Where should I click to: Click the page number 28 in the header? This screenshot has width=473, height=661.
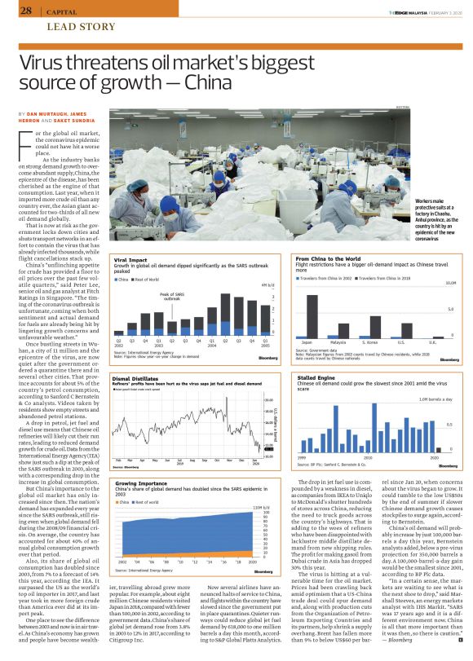tap(25, 11)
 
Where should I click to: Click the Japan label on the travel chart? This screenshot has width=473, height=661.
tap(307, 343)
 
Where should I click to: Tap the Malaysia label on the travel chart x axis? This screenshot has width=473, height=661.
tap(338, 343)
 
